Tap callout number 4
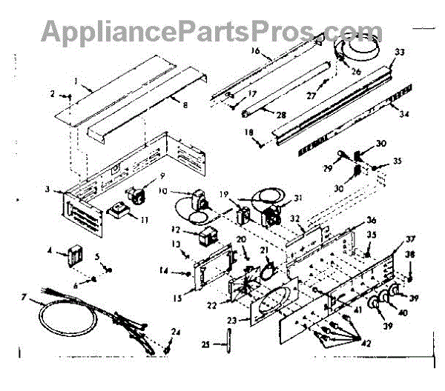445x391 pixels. pyautogui.click(x=50, y=251)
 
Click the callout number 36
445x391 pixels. pyautogui.click(x=371, y=220)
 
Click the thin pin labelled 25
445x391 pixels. pyautogui.click(x=228, y=342)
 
